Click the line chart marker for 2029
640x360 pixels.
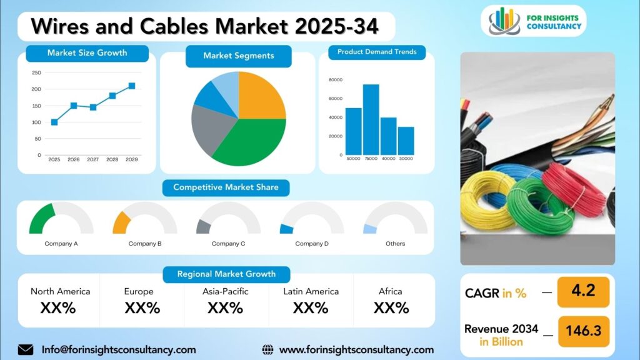pyautogui.click(x=132, y=86)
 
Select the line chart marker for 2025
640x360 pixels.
pyautogui.click(x=54, y=122)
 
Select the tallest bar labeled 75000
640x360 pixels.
pyautogui.click(x=371, y=119)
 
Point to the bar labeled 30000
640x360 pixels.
pyautogui.click(x=406, y=141)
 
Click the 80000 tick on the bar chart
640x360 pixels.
pyautogui.click(x=336, y=80)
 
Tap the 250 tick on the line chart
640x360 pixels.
pyautogui.click(x=36, y=72)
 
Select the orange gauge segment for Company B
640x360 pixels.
pyautogui.click(x=121, y=224)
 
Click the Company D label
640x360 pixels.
pyautogui.click(x=312, y=244)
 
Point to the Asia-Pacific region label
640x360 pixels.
pyautogui.click(x=225, y=291)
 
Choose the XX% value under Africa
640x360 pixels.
pyautogui.click(x=391, y=307)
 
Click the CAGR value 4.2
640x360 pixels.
pyautogui.click(x=583, y=291)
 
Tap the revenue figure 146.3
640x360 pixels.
pyautogui.click(x=584, y=330)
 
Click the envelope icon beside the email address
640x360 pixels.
pyautogui.click(x=26, y=350)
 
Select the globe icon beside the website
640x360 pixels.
pyautogui.click(x=267, y=350)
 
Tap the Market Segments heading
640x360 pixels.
pyautogui.click(x=238, y=56)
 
